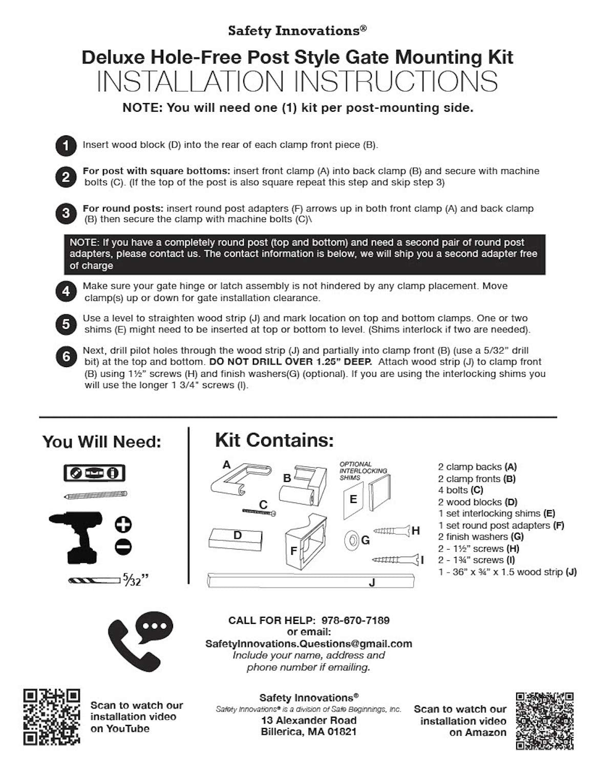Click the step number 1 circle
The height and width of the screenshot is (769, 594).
[x=66, y=146]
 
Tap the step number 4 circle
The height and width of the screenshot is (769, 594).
[x=66, y=292]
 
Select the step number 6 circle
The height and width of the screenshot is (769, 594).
[x=66, y=357]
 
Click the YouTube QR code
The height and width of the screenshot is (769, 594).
[x=52, y=717]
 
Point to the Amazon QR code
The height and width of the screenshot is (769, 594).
[x=544, y=720]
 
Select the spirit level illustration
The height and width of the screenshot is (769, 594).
[x=95, y=473]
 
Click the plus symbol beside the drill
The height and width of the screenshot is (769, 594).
[x=123, y=524]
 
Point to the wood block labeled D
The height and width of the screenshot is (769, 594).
[x=236, y=538]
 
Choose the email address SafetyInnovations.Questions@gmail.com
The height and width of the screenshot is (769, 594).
[x=308, y=643]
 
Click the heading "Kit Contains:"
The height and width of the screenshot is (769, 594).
[x=274, y=440]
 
